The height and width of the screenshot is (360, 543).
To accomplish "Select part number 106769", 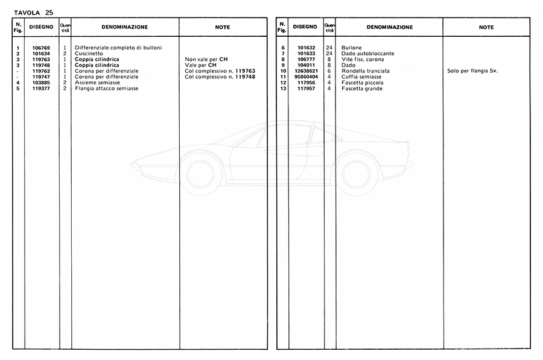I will tap(41, 47).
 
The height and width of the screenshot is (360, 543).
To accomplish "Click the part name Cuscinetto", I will tap(89, 53).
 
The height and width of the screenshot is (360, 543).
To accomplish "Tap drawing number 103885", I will tap(41, 83).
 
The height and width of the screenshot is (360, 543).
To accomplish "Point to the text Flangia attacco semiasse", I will tap(106, 89).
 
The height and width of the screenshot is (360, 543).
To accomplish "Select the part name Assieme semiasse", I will tap(97, 83).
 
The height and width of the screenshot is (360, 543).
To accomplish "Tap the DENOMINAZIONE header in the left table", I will tap(125, 27).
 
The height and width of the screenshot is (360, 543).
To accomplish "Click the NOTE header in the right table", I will tap(486, 27).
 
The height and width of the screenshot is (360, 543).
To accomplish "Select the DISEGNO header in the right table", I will tap(305, 27).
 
